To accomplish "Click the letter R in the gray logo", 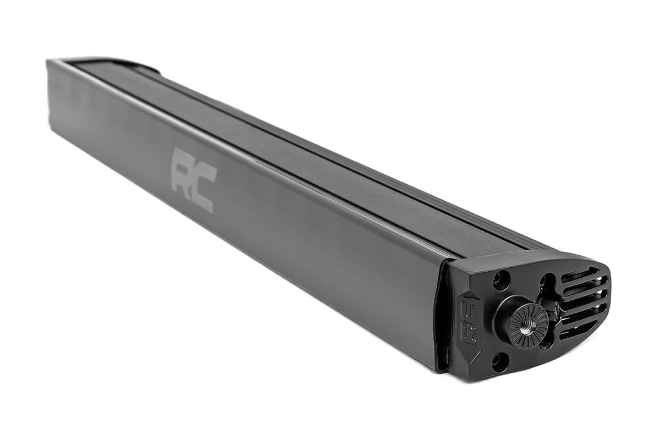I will point(183,168).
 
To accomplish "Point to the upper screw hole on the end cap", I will point(501,280).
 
